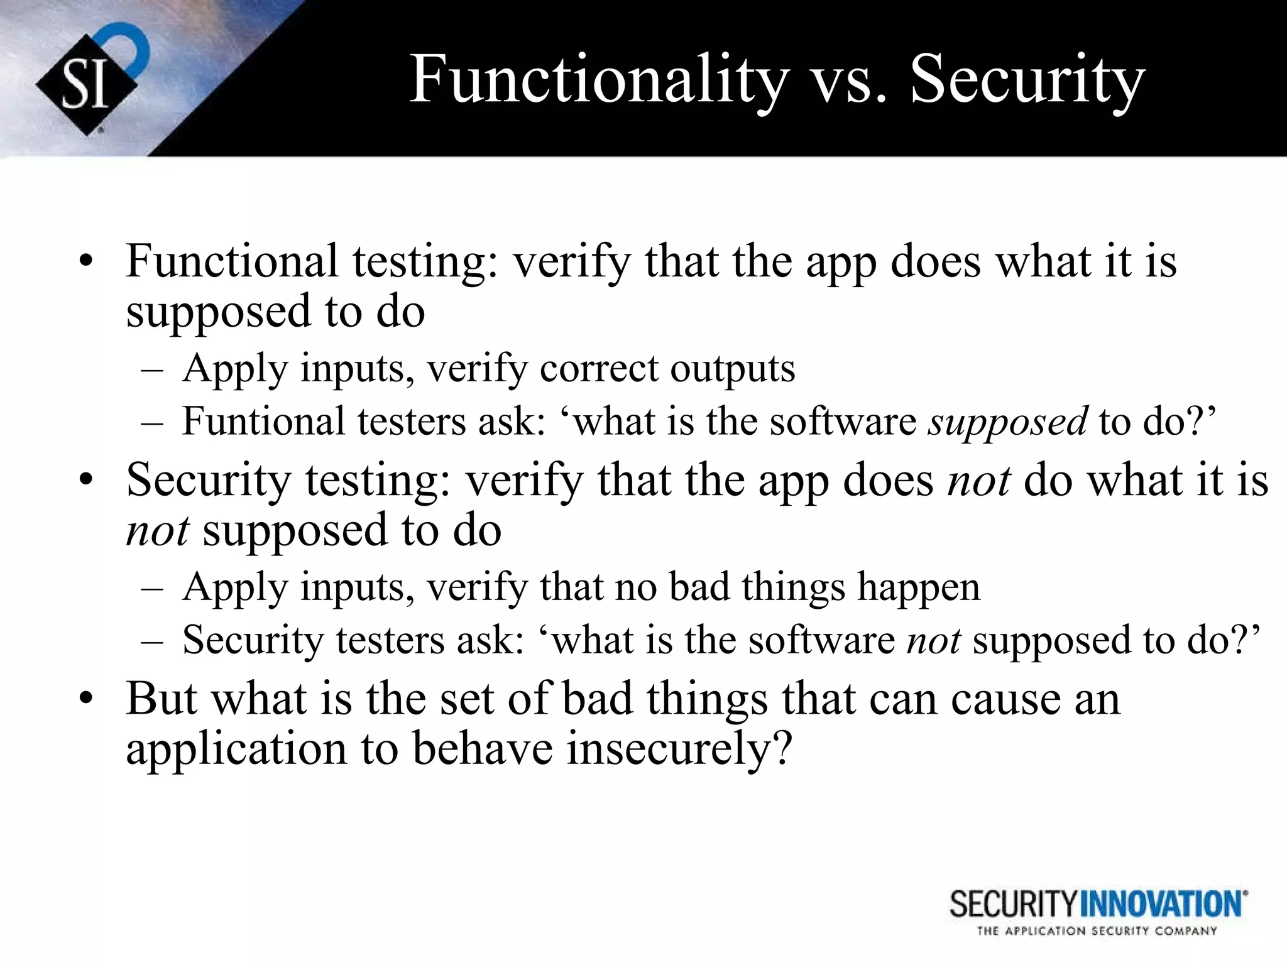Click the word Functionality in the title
pos(597,80)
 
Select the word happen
pos(918,587)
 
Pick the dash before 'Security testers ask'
pos(152,641)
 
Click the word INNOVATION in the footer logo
pos(1163,905)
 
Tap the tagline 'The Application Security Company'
pos(1097,932)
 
